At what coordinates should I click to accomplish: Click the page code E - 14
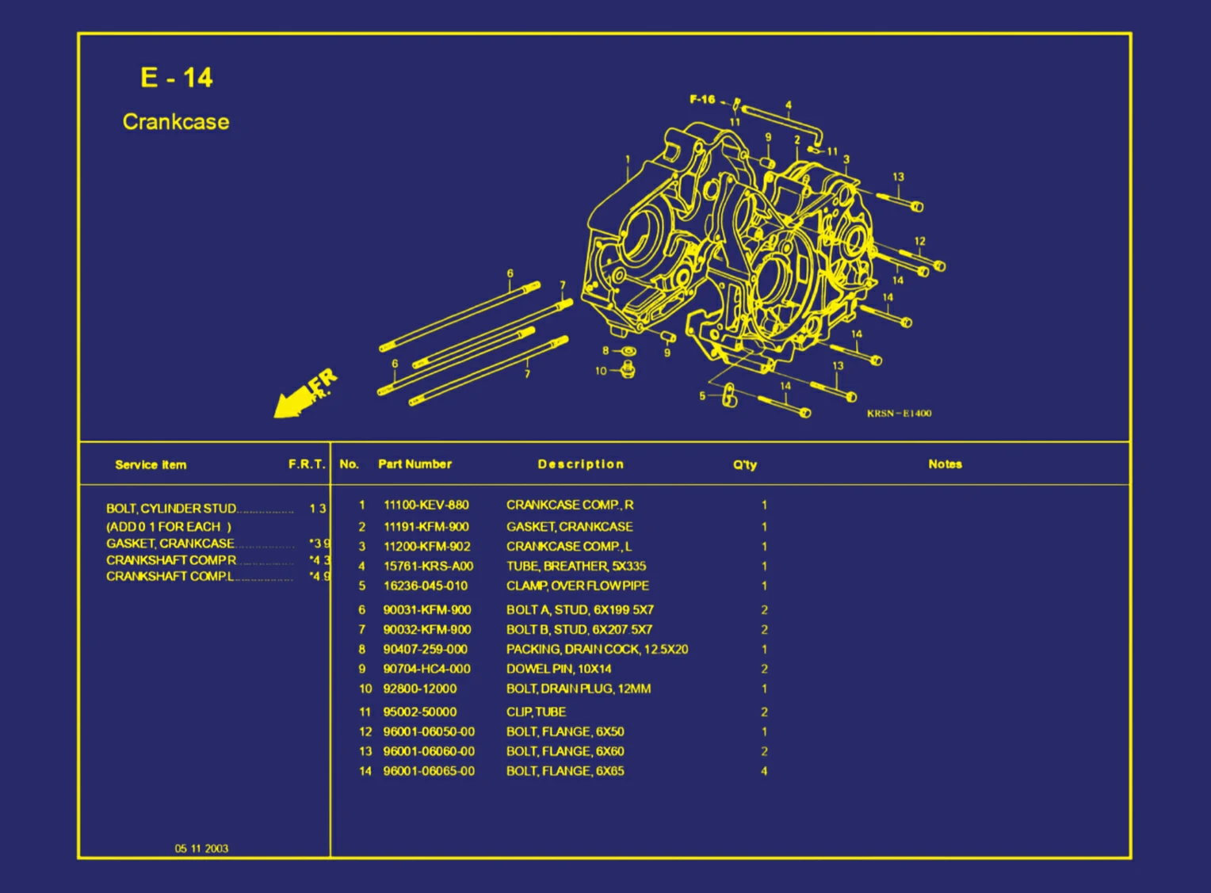coord(176,78)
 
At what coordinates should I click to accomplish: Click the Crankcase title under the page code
coord(176,122)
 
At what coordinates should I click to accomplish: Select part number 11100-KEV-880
coord(426,505)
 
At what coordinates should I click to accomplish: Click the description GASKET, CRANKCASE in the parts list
coord(569,526)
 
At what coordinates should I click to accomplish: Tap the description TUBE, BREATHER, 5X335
coord(575,566)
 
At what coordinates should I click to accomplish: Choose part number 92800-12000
coord(419,689)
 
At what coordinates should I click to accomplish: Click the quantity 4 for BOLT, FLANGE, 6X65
coord(764,771)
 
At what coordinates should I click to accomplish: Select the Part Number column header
coord(414,464)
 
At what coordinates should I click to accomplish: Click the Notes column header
coord(945,464)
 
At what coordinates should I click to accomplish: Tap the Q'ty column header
coord(744,465)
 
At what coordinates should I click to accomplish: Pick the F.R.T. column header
coord(307,464)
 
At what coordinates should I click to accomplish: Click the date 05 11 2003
coord(201,849)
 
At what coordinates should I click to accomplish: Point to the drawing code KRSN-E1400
coord(899,414)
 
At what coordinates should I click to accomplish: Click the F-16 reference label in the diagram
coord(702,100)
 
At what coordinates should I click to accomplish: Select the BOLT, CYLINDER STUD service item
coord(171,509)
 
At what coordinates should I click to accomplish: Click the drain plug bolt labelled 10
coord(628,369)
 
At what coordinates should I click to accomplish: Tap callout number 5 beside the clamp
coord(701,396)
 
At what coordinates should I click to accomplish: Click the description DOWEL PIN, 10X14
coord(559,669)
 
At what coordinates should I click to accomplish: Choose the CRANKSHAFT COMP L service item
coord(170,576)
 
